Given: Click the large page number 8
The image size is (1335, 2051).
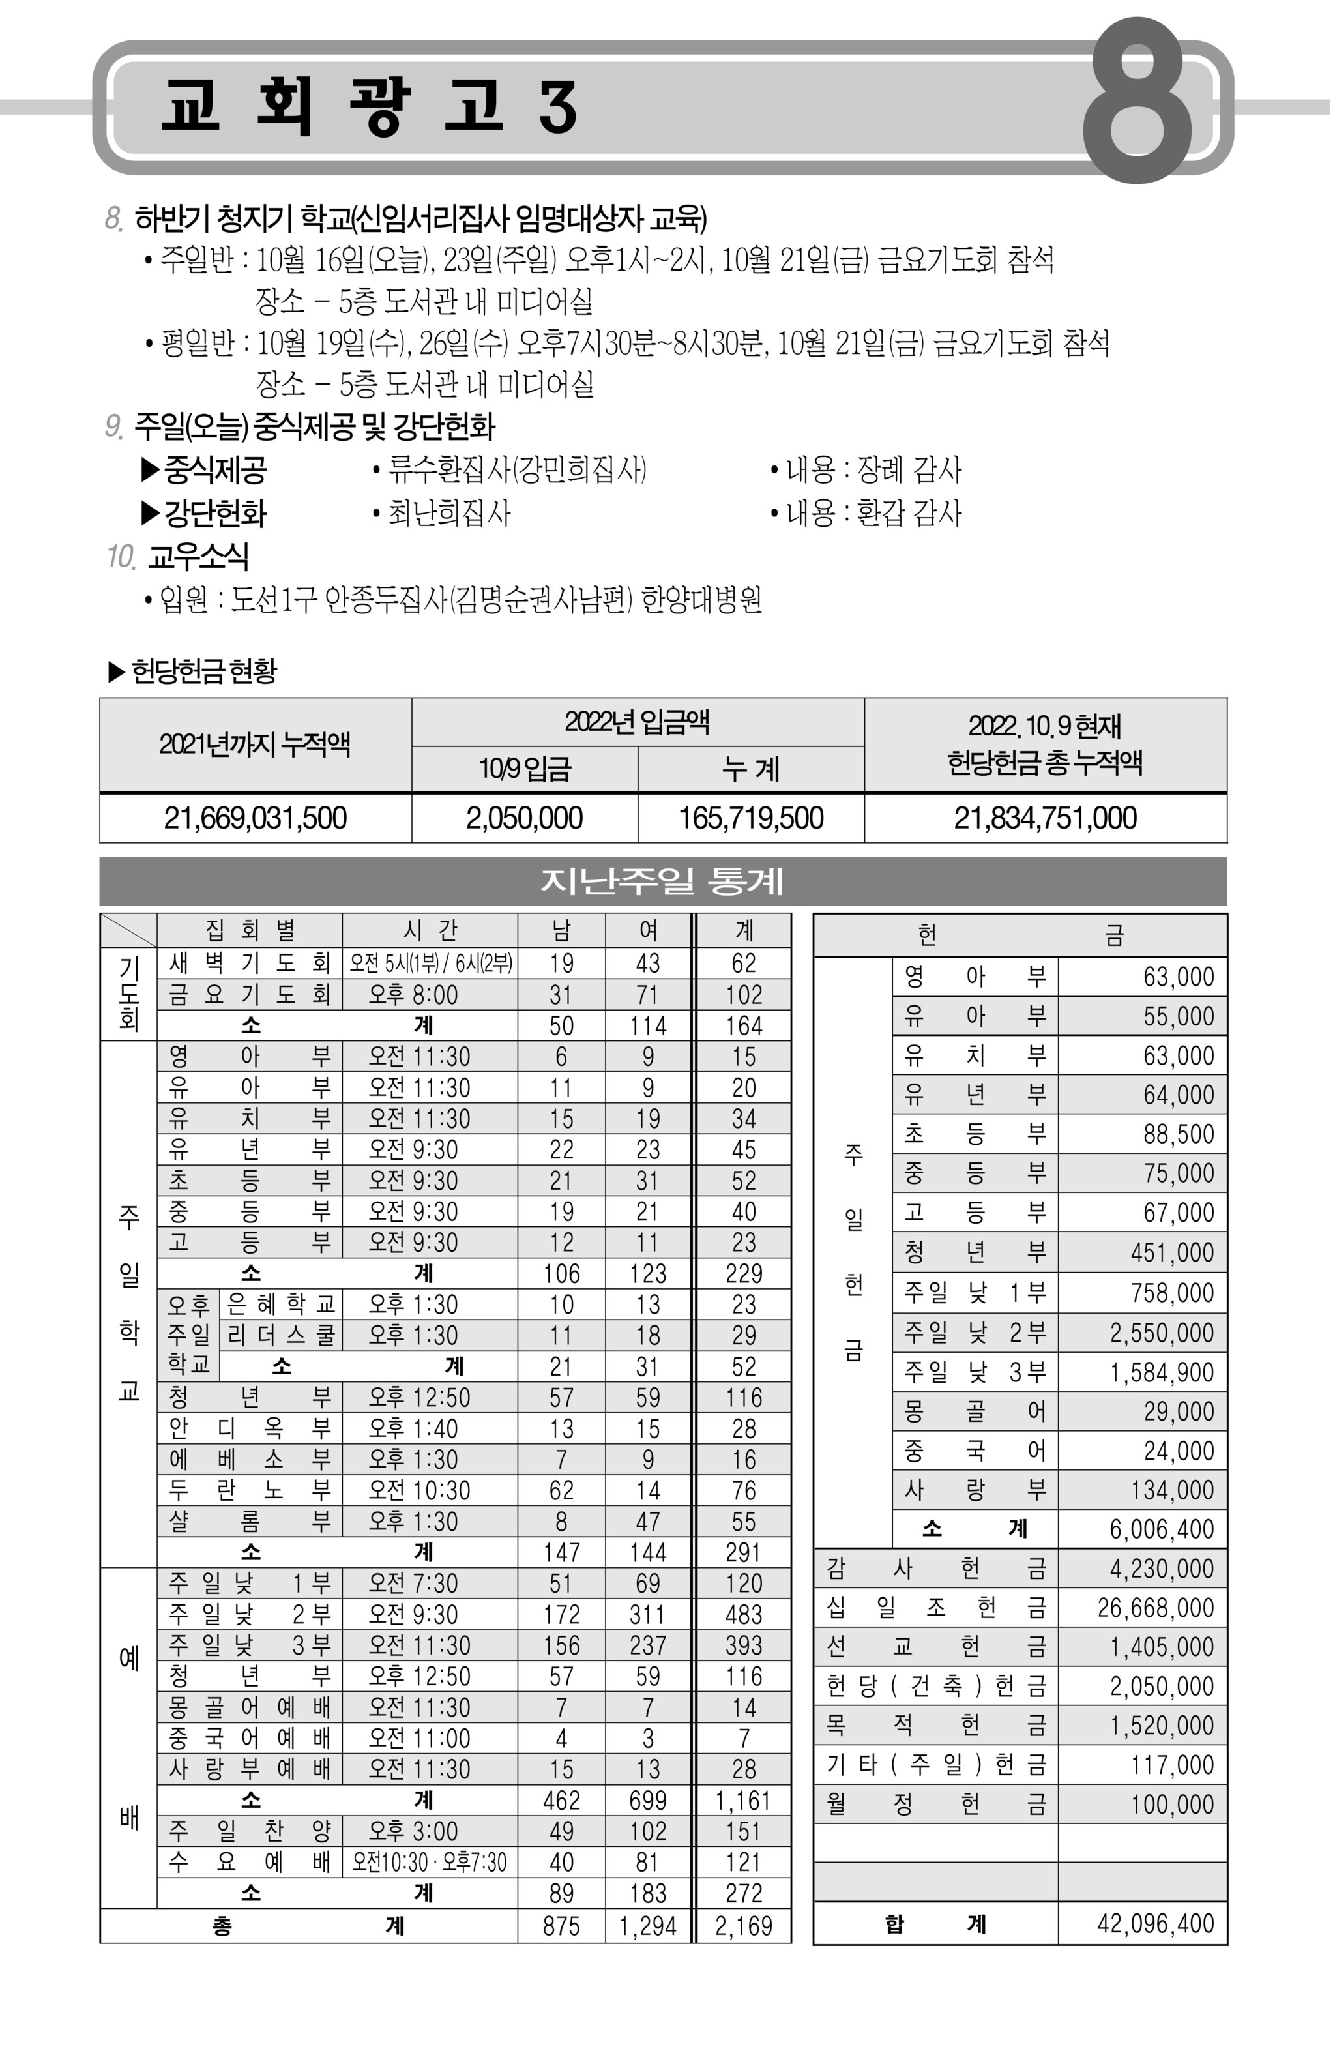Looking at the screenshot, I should click(x=1137, y=101).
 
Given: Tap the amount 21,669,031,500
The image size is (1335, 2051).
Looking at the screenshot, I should click(x=255, y=818).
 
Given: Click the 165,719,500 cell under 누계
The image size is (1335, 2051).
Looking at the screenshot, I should click(x=751, y=818).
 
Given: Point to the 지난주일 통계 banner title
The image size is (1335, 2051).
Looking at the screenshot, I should click(x=662, y=881).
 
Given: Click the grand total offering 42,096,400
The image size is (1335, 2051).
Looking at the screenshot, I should click(x=1155, y=1923).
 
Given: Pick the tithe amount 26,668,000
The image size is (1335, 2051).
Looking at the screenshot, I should click(x=1155, y=1607).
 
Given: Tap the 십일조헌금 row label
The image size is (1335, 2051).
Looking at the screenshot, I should click(x=935, y=1607).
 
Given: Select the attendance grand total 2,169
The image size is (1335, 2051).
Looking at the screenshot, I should click(x=743, y=1926).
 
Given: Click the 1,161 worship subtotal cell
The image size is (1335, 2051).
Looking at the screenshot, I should click(x=743, y=1800).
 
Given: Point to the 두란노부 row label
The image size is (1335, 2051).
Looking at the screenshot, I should click(x=250, y=1490).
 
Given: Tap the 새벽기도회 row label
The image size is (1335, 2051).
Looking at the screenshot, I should click(x=250, y=963).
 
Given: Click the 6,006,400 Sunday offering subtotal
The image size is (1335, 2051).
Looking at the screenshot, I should click(x=1161, y=1529).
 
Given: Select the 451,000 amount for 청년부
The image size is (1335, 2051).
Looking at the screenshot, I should click(x=1172, y=1252).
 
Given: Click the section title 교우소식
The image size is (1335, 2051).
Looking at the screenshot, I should click(x=198, y=557).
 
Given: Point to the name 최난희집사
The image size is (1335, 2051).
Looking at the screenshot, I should click(x=449, y=514).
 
